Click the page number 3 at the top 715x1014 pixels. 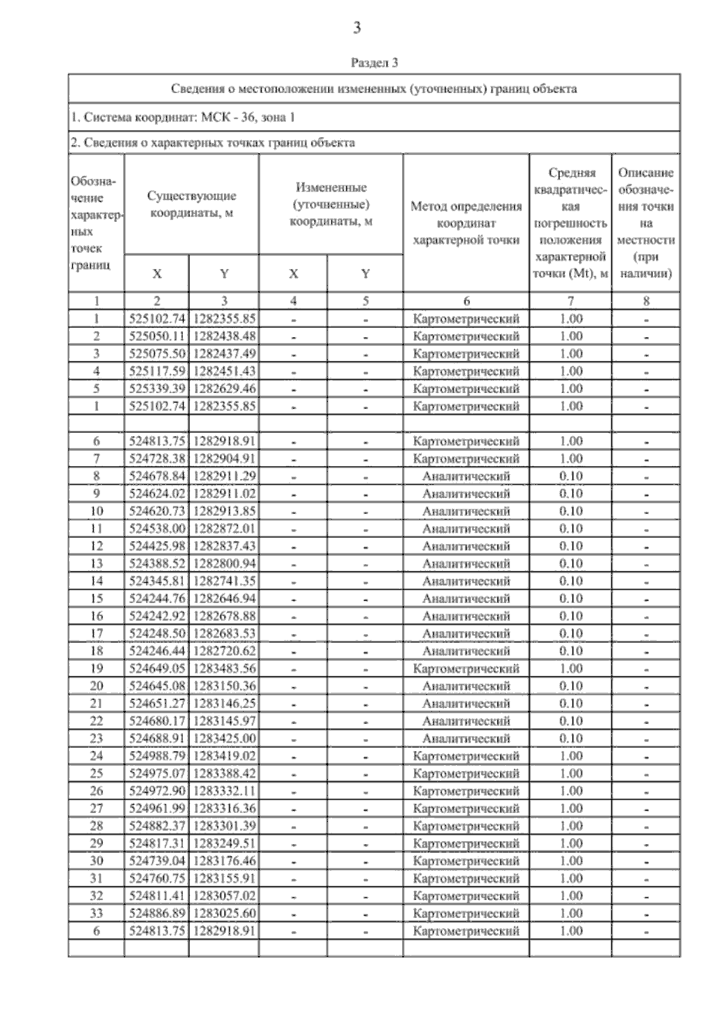click(x=357, y=28)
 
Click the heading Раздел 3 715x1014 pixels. click(x=374, y=63)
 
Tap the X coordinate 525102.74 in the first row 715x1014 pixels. click(x=157, y=319)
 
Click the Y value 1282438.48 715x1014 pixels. click(x=224, y=336)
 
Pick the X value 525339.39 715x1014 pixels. click(x=157, y=389)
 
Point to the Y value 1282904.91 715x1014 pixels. click(x=224, y=459)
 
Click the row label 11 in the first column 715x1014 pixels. click(x=97, y=528)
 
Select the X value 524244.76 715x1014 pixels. click(x=157, y=598)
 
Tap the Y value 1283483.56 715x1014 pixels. click(x=224, y=669)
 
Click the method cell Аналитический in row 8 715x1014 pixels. click(x=466, y=477)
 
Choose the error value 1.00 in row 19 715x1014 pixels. click(x=571, y=669)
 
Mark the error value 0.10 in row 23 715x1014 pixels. click(x=571, y=738)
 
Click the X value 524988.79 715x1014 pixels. click(x=157, y=756)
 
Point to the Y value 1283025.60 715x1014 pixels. click(x=224, y=913)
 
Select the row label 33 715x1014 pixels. click(x=97, y=913)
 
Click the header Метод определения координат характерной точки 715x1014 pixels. click(x=466, y=223)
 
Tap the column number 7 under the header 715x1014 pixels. click(x=571, y=301)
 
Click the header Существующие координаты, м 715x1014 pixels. click(x=191, y=204)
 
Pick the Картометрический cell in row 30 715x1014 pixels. click(x=466, y=861)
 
